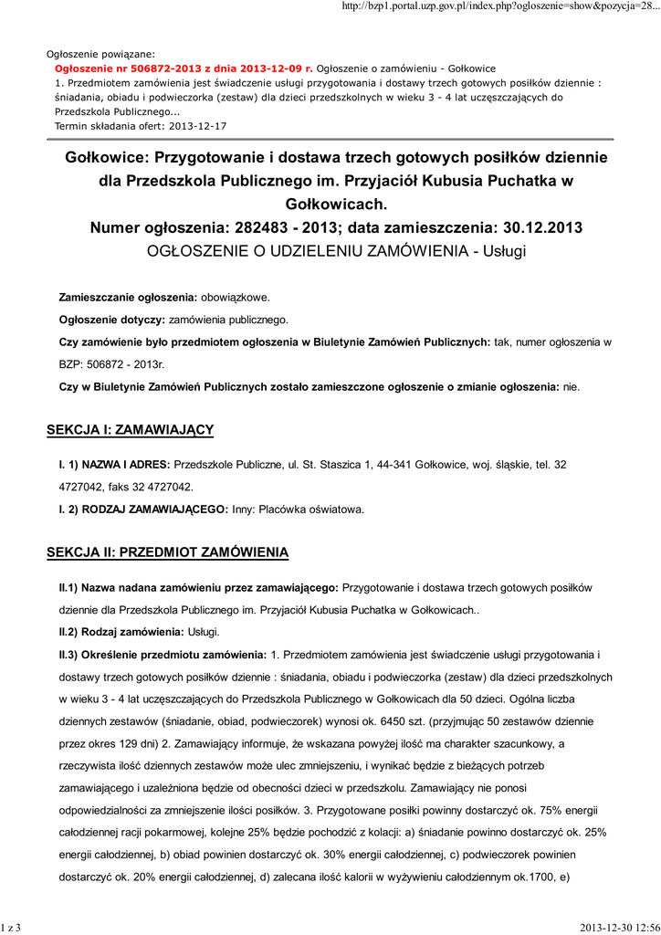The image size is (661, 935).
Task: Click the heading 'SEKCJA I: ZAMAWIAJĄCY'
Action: (131, 429)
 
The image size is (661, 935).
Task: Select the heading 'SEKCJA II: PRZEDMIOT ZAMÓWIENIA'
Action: (168, 552)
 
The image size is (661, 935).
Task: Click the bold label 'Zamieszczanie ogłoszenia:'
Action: (128, 298)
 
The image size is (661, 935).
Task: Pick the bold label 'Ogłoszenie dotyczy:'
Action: (111, 320)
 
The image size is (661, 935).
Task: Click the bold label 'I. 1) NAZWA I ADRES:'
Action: (114, 465)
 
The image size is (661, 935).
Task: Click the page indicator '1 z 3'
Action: (12, 928)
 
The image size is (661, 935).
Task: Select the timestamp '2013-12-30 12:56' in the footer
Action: (618, 928)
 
